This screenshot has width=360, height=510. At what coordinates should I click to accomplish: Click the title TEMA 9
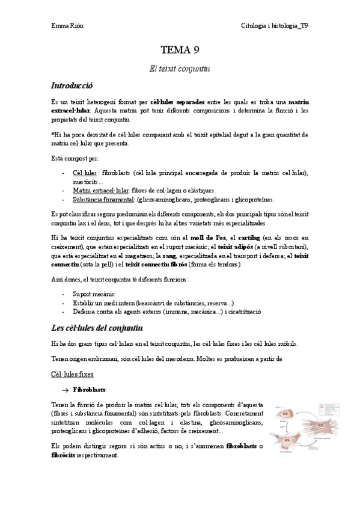tap(179, 50)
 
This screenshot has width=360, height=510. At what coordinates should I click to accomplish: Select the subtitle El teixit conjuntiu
tap(179, 69)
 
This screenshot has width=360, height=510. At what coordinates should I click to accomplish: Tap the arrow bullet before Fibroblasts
tap(66, 390)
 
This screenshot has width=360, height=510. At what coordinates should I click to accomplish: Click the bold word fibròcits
tap(64, 456)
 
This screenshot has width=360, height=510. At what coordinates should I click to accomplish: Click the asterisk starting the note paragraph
tap(53, 135)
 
